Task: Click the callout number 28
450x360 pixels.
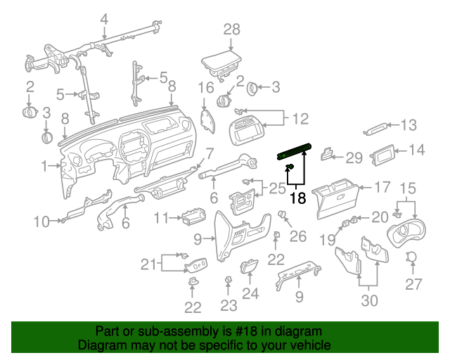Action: tap(231, 29)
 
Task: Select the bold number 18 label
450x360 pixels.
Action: tap(298, 198)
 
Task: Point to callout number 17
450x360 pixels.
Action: tap(382, 188)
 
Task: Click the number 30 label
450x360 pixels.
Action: tap(369, 300)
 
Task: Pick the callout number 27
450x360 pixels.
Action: tap(413, 284)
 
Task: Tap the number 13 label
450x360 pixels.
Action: tap(409, 125)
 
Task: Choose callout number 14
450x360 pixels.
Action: tap(417, 149)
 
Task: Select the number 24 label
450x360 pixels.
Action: tap(250, 294)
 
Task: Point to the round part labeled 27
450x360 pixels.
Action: tap(413, 257)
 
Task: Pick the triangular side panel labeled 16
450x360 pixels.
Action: tap(207, 120)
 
